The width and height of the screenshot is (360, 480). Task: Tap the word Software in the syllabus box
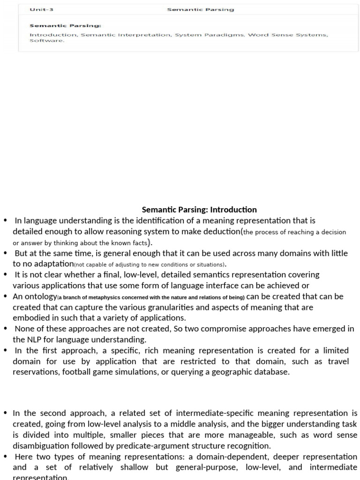(46, 40)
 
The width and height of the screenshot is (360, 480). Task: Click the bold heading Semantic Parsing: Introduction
(199, 210)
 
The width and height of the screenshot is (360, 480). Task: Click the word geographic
(227, 372)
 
